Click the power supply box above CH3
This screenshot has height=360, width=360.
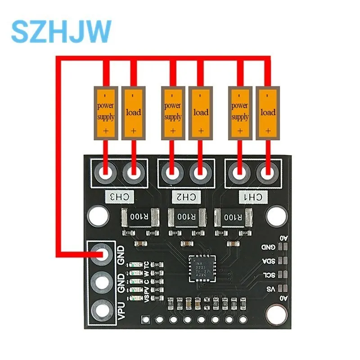[106, 112]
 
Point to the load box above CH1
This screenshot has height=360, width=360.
[268, 112]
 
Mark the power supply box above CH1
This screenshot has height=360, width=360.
[240, 112]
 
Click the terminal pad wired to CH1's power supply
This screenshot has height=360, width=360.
[240, 172]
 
